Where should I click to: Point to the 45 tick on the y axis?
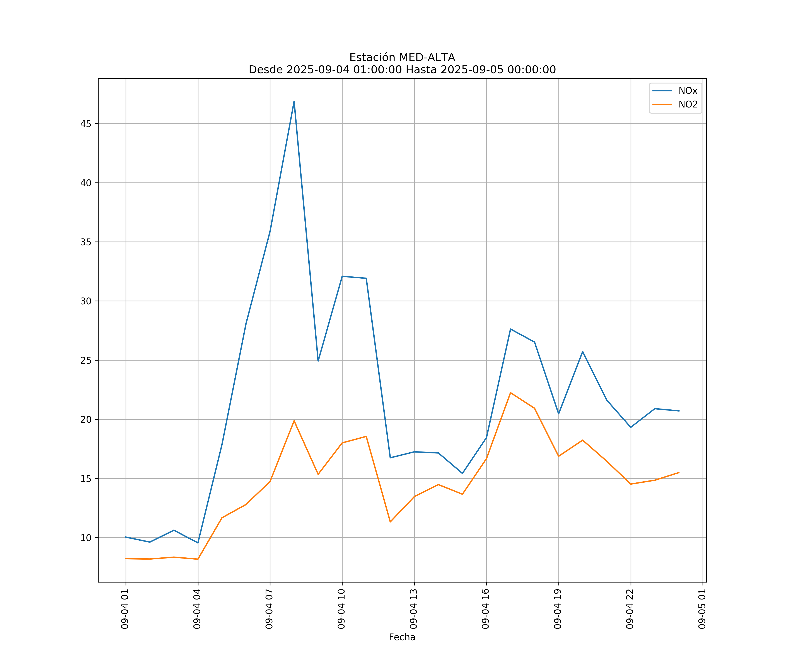coord(86,124)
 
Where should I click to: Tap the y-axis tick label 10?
coord(86,538)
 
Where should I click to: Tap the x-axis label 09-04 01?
coord(125,609)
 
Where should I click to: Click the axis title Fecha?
coord(402,637)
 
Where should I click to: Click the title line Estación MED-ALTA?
coord(402,58)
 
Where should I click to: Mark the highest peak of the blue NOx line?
coord(294,101)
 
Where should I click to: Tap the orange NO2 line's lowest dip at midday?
coord(390,522)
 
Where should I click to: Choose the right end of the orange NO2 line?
coord(679,472)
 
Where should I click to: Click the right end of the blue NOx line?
coord(679,411)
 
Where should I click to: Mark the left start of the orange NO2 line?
coord(126,559)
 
